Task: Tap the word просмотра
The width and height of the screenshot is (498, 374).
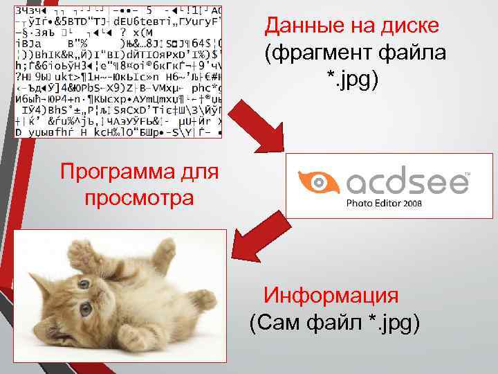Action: [x=138, y=198]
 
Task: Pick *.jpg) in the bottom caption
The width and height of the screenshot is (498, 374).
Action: [x=392, y=322]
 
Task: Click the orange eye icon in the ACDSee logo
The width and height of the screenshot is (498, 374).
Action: [x=319, y=184]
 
